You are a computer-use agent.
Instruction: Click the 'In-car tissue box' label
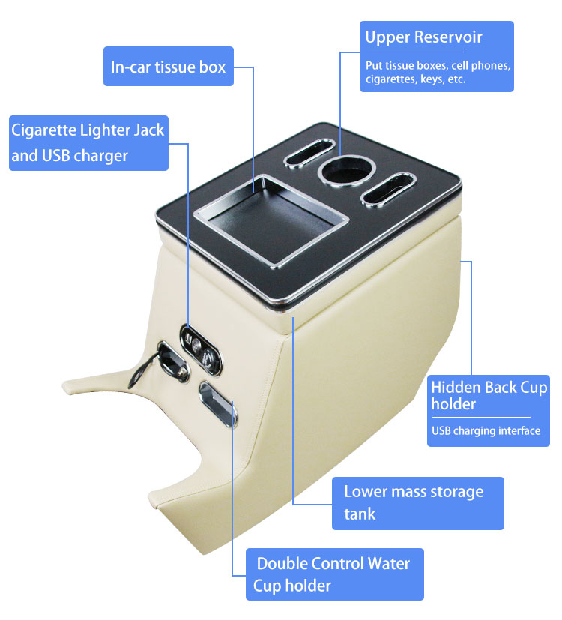168,67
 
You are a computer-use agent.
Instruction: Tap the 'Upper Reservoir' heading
423,37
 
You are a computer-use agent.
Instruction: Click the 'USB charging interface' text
486,430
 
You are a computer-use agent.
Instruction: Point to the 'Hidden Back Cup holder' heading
489,396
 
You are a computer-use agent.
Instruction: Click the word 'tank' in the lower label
360,514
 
